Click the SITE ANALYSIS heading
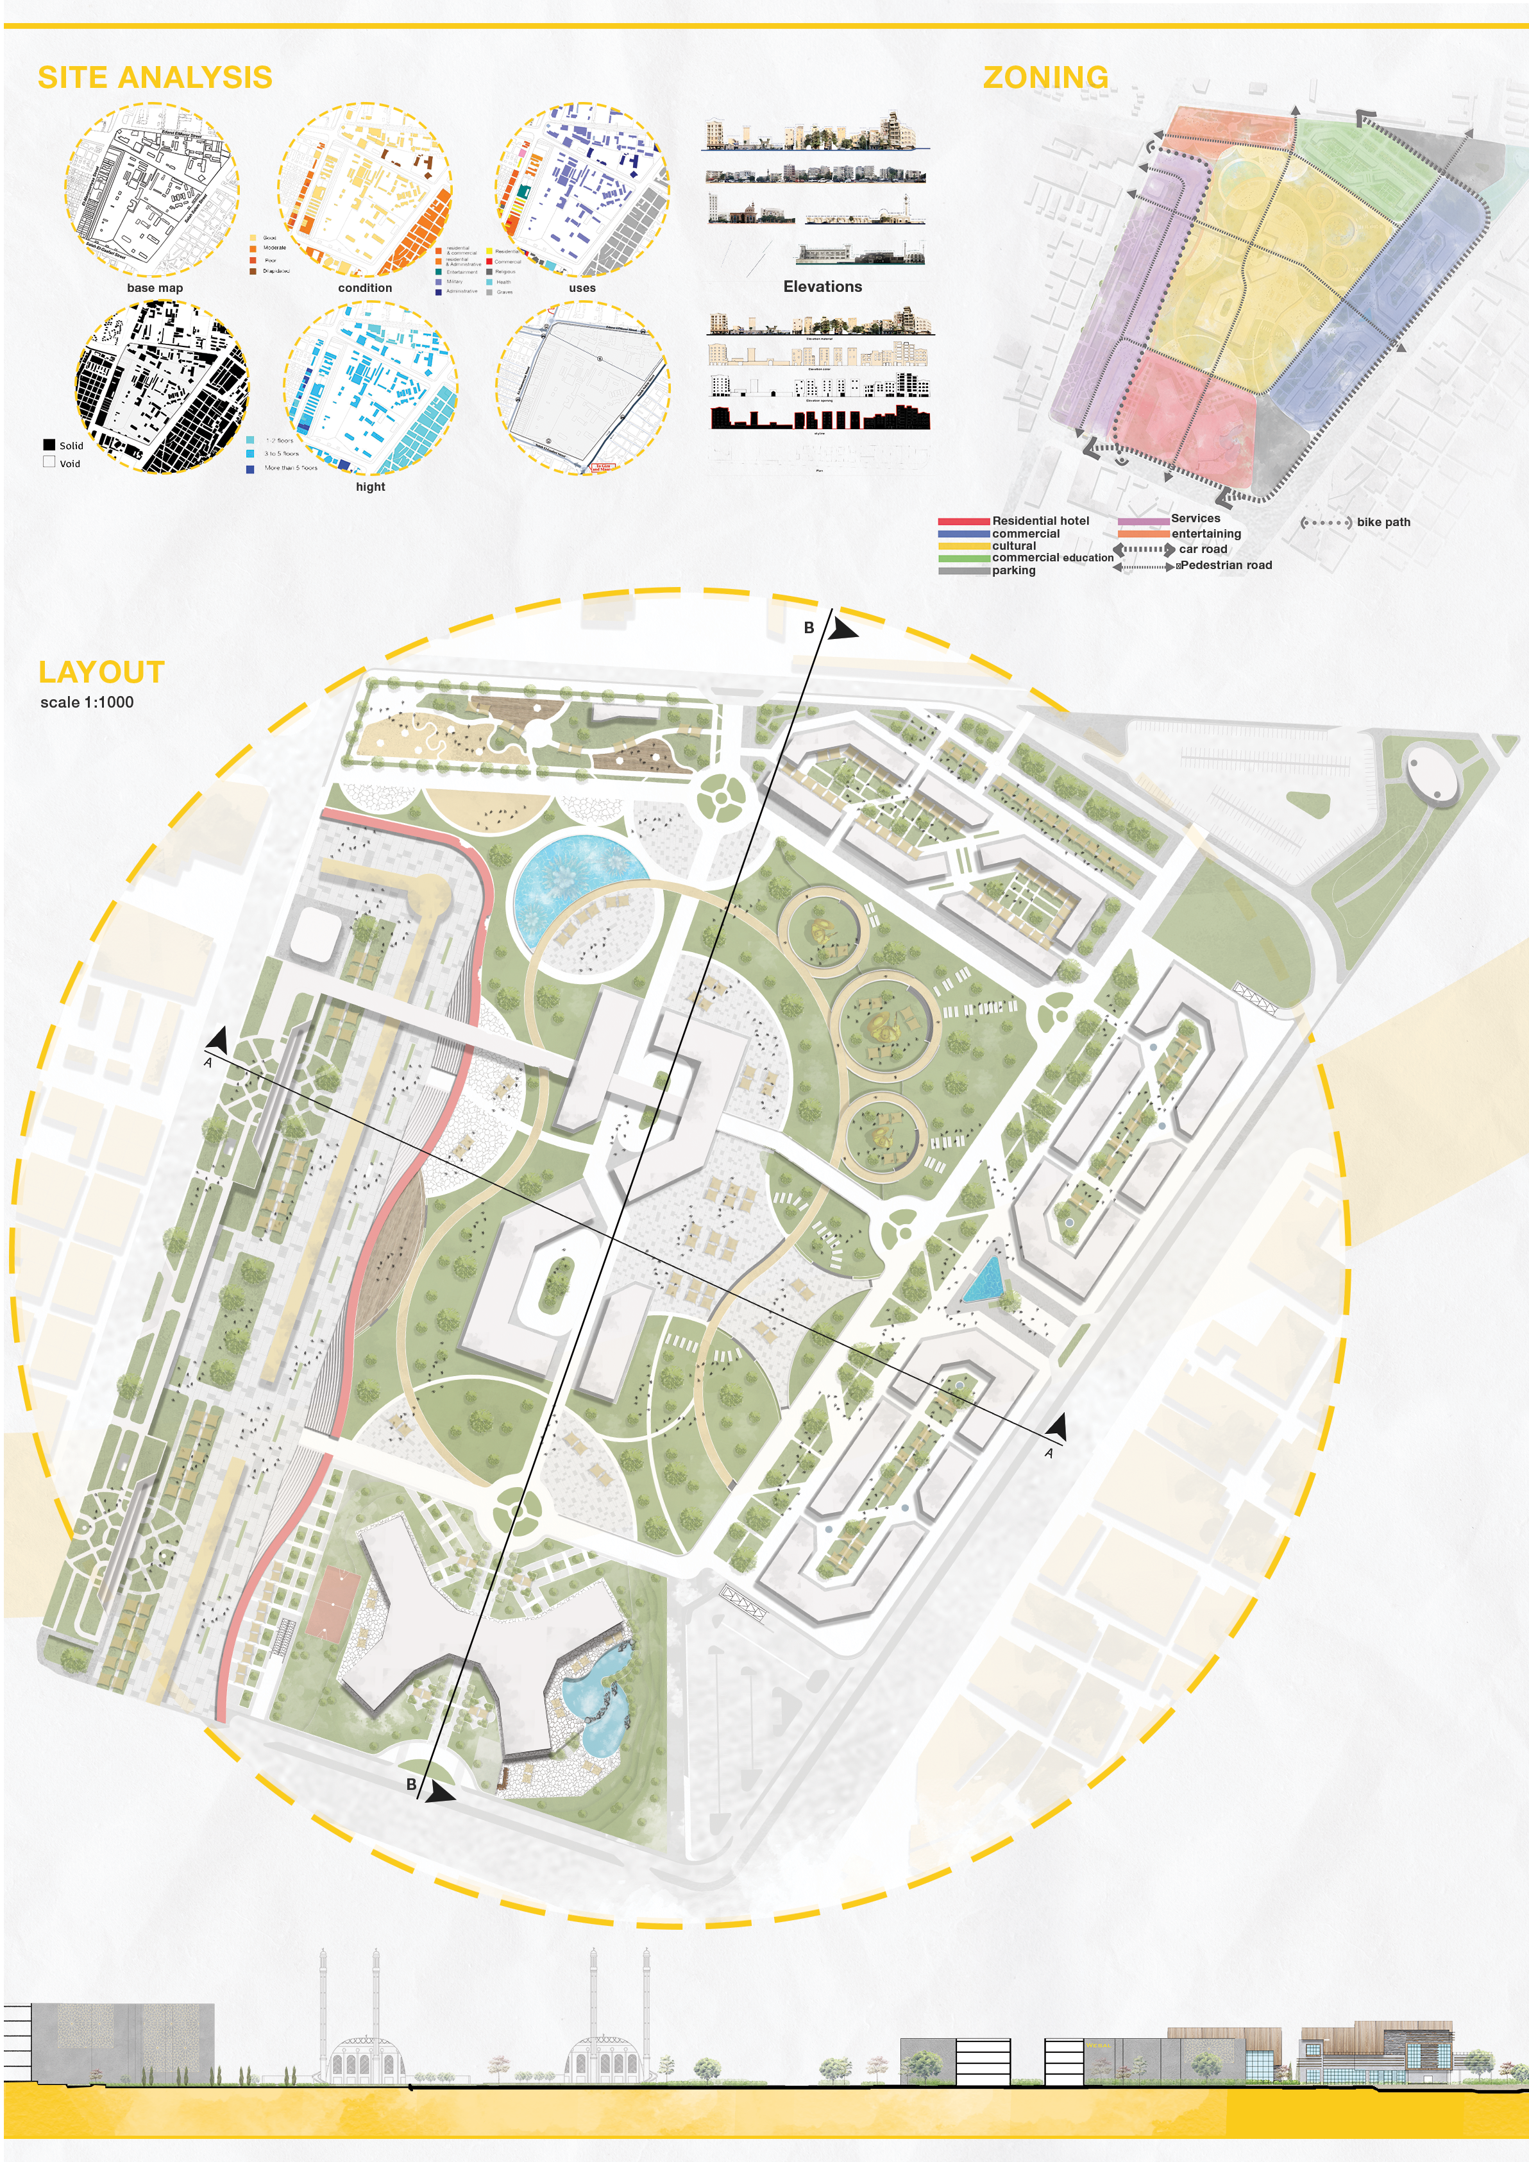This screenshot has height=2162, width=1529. click(155, 77)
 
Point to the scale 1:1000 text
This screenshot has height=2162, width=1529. click(87, 702)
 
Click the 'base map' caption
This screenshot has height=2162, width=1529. click(155, 288)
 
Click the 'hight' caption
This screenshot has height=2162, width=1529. click(370, 487)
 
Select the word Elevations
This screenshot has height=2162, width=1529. click(822, 286)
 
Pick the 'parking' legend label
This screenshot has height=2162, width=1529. click(1013, 570)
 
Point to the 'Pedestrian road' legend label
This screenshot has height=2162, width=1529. click(1226, 566)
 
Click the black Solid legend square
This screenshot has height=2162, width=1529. click(49, 445)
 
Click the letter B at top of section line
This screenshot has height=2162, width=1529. click(809, 628)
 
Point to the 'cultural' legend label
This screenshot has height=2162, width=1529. click(1013, 546)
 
